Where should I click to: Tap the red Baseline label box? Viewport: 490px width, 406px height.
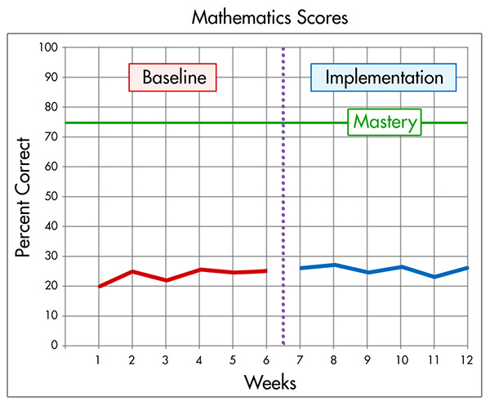(x=172, y=78)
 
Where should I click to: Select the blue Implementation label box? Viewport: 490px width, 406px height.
(x=383, y=78)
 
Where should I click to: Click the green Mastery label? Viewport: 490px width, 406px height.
(x=385, y=123)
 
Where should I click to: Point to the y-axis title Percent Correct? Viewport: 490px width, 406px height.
(x=24, y=197)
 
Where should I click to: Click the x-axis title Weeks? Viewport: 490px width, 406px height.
(x=269, y=382)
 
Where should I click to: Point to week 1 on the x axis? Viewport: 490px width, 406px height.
(x=99, y=359)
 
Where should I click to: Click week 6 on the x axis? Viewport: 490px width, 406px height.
(x=266, y=359)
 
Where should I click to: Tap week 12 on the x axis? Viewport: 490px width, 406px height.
(x=467, y=359)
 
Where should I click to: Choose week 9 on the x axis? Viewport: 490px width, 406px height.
(x=367, y=359)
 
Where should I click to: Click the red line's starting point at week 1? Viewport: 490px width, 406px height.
(x=99, y=287)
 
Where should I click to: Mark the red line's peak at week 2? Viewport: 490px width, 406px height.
(x=132, y=271)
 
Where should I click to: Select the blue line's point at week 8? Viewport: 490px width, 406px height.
(x=333, y=265)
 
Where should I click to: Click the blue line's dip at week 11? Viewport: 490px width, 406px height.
(x=434, y=277)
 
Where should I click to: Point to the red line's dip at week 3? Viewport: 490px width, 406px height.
(x=166, y=280)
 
